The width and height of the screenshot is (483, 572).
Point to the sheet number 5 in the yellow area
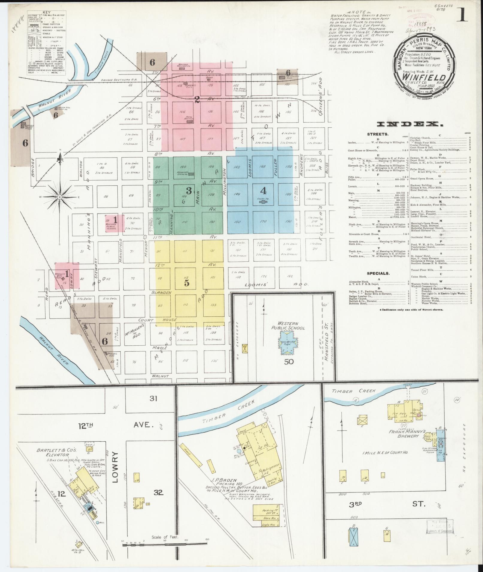(187, 283)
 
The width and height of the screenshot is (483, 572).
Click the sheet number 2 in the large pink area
(197, 99)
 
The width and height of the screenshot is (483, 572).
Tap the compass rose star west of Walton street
(60, 197)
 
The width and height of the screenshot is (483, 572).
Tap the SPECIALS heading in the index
(378, 273)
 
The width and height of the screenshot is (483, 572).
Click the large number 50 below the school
(289, 362)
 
